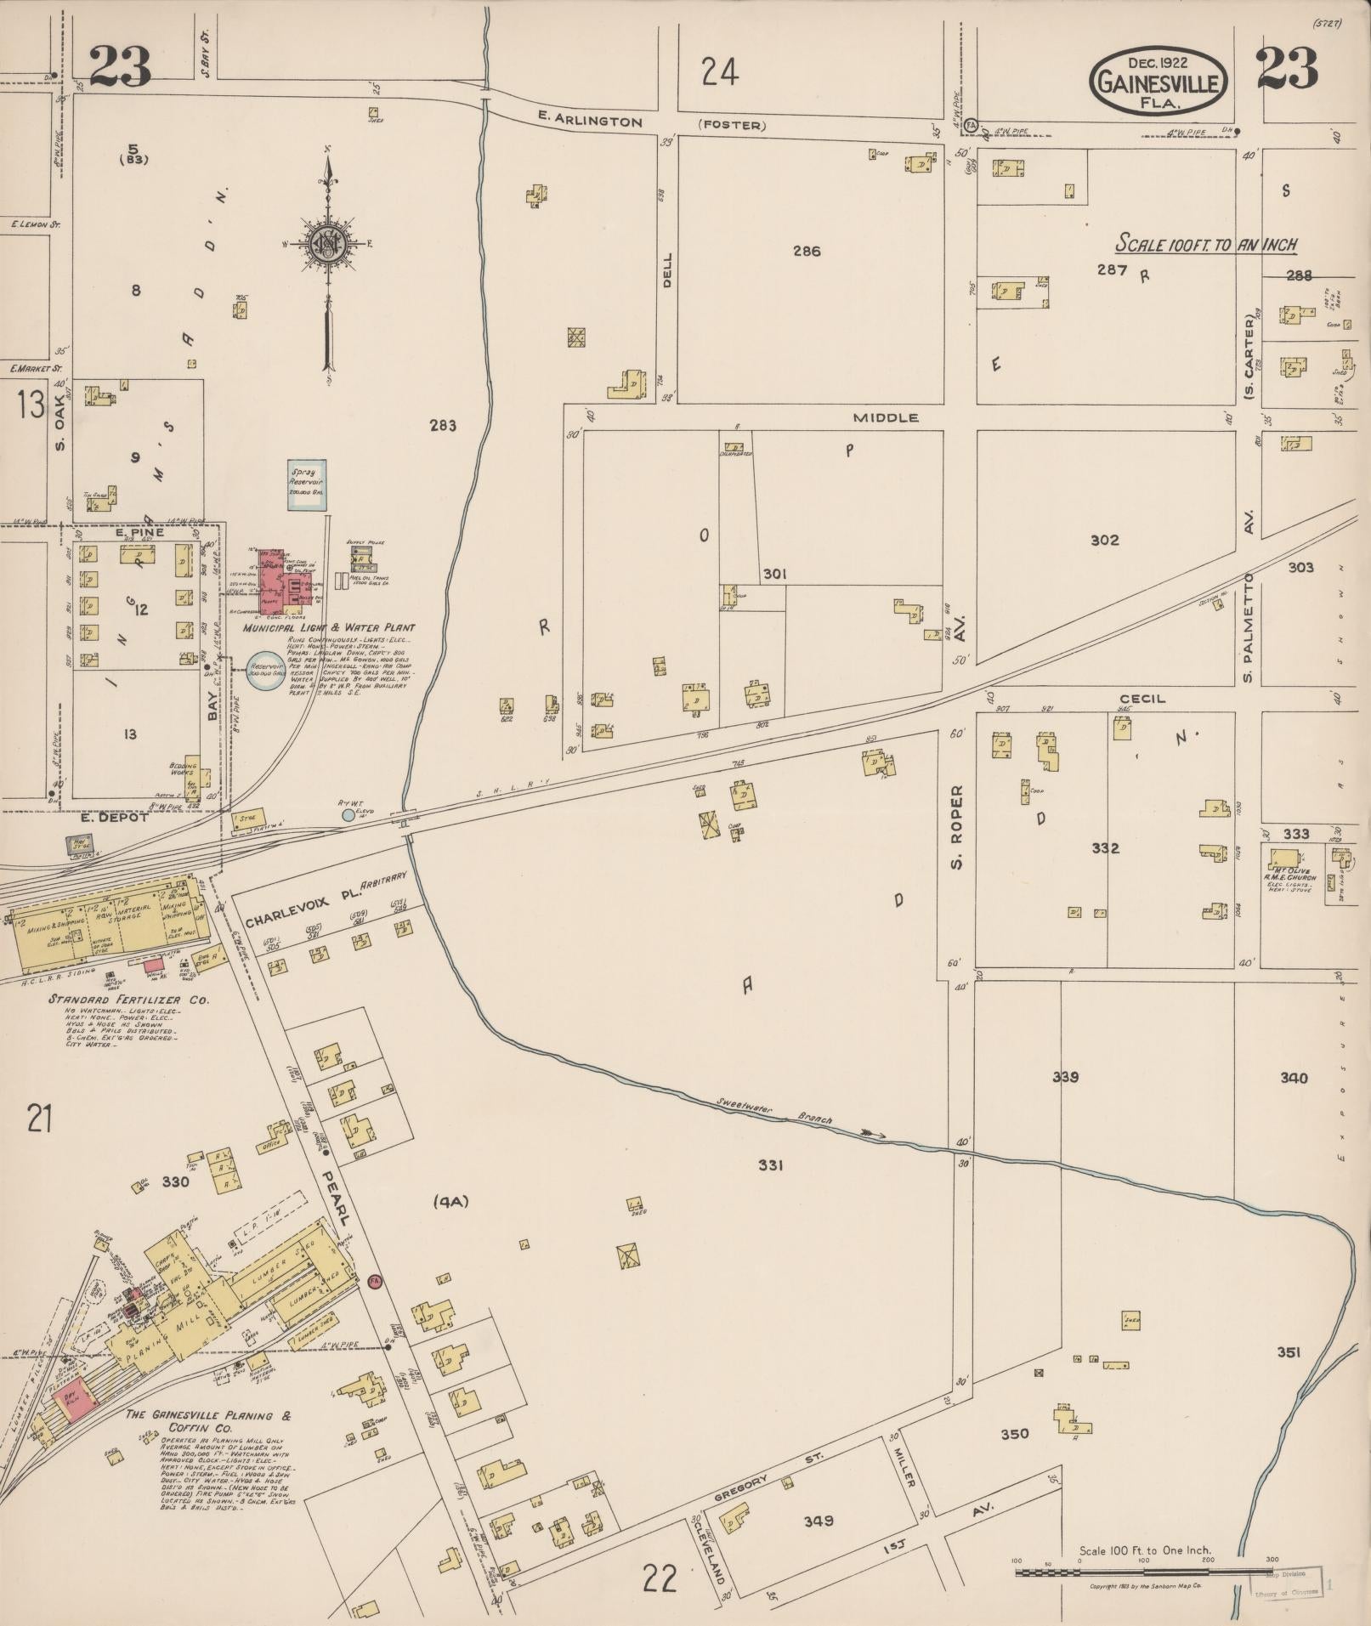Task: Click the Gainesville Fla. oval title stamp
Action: pos(1158,79)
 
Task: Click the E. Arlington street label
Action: pos(590,122)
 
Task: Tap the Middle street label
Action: pos(887,417)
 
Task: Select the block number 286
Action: pos(806,251)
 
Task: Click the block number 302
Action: pos(1104,540)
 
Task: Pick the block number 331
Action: pos(769,1165)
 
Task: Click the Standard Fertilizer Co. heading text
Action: pos(128,1000)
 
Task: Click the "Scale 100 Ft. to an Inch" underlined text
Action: pos(1206,246)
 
